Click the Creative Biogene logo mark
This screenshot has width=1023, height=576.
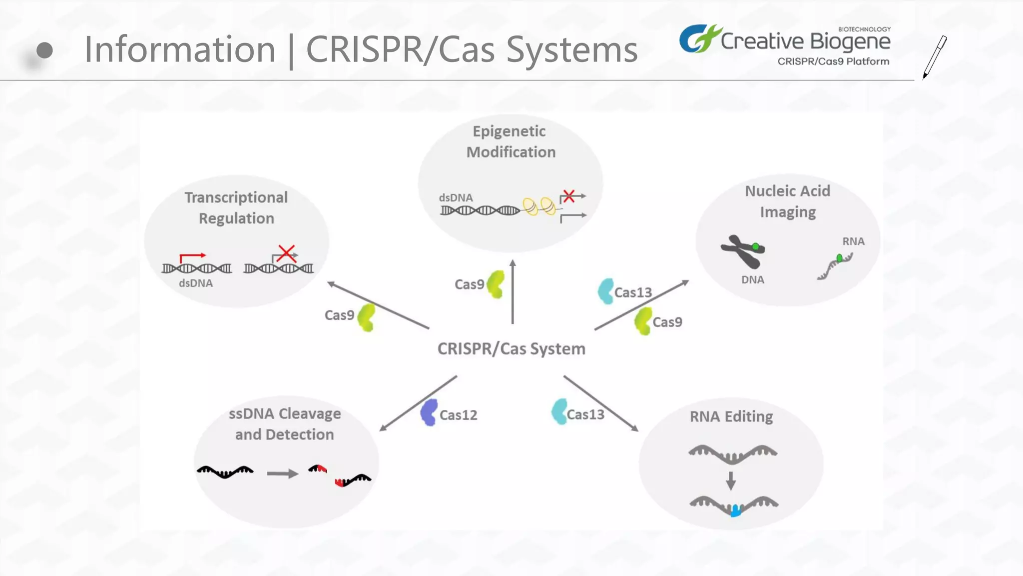(699, 38)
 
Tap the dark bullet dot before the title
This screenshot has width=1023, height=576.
(44, 50)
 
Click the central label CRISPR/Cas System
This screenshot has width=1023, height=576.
(511, 348)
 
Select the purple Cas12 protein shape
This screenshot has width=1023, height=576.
(429, 412)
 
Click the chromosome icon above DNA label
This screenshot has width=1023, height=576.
(743, 251)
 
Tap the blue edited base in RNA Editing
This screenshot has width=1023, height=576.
(736, 511)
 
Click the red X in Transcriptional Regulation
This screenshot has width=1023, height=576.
(287, 253)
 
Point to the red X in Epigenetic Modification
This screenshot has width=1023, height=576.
(568, 195)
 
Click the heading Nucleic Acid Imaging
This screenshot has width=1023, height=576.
(788, 201)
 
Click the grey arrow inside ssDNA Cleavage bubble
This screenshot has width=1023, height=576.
(282, 473)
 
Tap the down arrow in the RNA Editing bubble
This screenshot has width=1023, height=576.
(731, 480)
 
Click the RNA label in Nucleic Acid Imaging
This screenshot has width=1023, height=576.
(853, 241)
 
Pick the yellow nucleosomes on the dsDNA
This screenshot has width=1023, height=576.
(539, 206)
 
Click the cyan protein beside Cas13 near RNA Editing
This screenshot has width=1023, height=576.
(559, 411)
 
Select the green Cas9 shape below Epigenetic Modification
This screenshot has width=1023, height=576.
(496, 284)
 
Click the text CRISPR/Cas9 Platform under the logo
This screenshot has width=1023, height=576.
(833, 61)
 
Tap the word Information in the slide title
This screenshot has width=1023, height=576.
(180, 49)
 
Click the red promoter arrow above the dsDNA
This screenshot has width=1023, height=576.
(192, 257)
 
